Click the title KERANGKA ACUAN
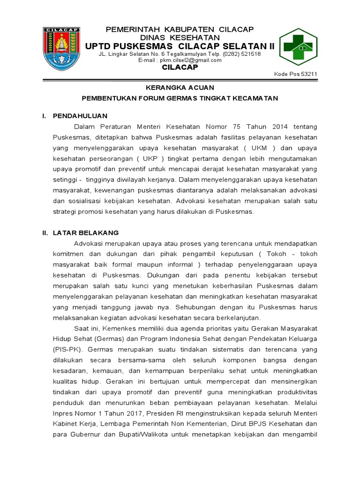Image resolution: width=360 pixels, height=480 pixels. [180, 88]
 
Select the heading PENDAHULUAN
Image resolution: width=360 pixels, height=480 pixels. [80, 116]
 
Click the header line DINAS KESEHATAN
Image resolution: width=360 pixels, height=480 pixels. [180, 37]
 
